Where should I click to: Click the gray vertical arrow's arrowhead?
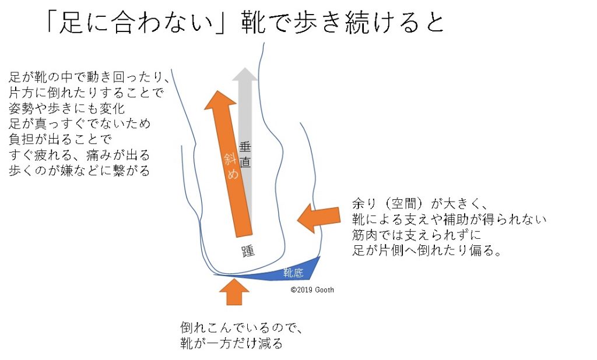[x=245, y=75]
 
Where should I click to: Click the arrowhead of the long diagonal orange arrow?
[x=219, y=100]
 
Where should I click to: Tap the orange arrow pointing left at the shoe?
[x=318, y=217]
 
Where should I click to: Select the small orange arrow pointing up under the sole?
[x=234, y=291]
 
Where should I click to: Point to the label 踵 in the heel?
[x=248, y=251]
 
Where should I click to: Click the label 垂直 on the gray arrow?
[x=245, y=154]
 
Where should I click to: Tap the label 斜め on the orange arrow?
[x=231, y=166]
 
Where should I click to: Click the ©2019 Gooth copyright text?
[x=312, y=290]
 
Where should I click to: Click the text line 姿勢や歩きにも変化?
[x=67, y=108]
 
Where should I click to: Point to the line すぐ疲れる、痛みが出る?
[x=79, y=155]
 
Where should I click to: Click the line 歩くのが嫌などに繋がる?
[x=79, y=171]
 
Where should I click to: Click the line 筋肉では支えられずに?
[x=417, y=235]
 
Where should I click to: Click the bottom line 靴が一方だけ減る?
[x=231, y=343]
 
